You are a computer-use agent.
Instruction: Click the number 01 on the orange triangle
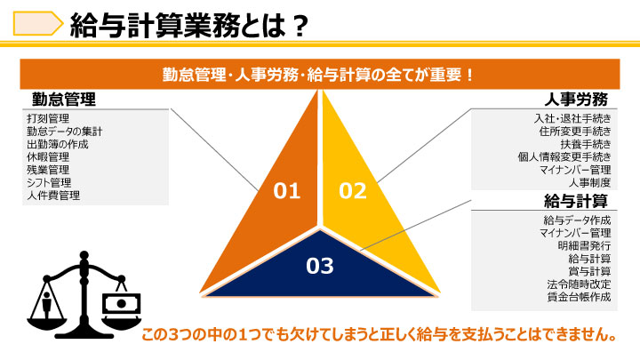tap(287, 190)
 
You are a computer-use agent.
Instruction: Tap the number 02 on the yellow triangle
tap(353, 190)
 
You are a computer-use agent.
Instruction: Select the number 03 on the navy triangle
tap(320, 266)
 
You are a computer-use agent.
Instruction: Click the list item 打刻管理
tap(48, 119)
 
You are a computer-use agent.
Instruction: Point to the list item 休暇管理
tap(48, 157)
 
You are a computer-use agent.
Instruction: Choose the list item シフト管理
tap(49, 182)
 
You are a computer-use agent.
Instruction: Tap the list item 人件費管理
tap(53, 195)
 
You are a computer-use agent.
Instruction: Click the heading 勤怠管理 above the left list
tap(64, 100)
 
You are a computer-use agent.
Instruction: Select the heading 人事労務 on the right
tap(576, 100)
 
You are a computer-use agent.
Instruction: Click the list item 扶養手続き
tap(586, 144)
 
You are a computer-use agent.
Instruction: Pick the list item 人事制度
tap(590, 182)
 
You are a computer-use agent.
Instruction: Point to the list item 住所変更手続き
tap(575, 132)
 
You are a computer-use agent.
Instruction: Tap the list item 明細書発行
tap(585, 245)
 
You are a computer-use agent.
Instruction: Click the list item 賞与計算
tap(590, 271)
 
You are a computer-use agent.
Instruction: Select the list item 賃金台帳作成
tap(580, 297)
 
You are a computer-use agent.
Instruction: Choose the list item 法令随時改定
tap(580, 284)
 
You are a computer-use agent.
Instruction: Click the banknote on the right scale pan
tap(121, 304)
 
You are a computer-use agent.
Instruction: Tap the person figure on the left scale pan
tap(46, 304)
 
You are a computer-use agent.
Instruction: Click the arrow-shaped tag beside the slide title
tap(38, 23)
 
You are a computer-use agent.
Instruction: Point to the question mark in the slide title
tap(300, 25)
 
